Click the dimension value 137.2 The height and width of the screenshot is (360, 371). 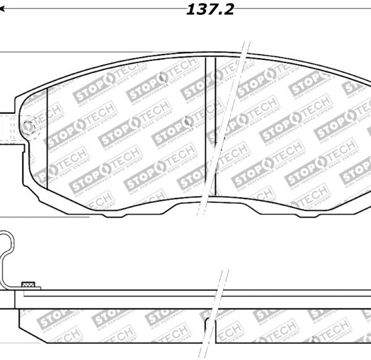[210, 9]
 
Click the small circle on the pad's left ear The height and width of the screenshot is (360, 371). [28, 128]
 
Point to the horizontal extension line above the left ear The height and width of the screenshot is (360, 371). [6, 52]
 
